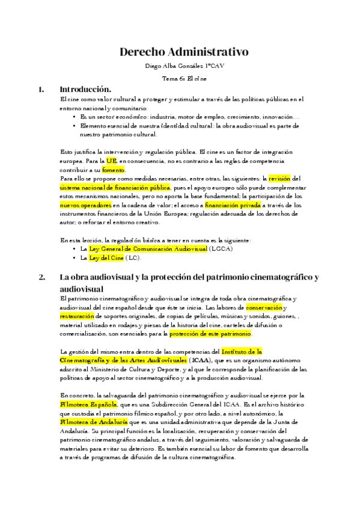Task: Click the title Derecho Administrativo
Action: tap(180, 52)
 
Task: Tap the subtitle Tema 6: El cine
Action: tap(180, 79)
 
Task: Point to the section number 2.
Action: tap(41, 277)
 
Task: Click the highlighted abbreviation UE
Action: tap(111, 162)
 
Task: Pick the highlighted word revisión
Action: tap(279, 179)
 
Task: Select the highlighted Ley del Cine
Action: tap(106, 257)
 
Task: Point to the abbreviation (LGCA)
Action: tap(222, 248)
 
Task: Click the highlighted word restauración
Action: tap(81, 316)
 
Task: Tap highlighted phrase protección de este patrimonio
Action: tap(210, 334)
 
